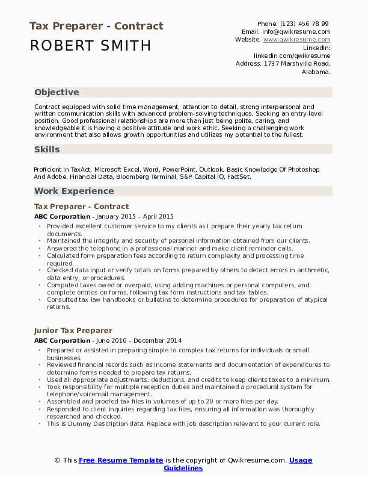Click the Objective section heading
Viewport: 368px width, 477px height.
pyautogui.click(x=57, y=92)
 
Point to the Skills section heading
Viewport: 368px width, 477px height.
pyautogui.click(x=46, y=148)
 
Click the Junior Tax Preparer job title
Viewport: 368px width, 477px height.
pyautogui.click(x=73, y=331)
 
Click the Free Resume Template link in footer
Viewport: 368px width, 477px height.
pyautogui.click(x=120, y=460)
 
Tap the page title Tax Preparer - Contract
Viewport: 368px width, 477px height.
pyautogui.click(x=96, y=26)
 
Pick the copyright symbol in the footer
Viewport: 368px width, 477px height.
pyautogui.click(x=58, y=460)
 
